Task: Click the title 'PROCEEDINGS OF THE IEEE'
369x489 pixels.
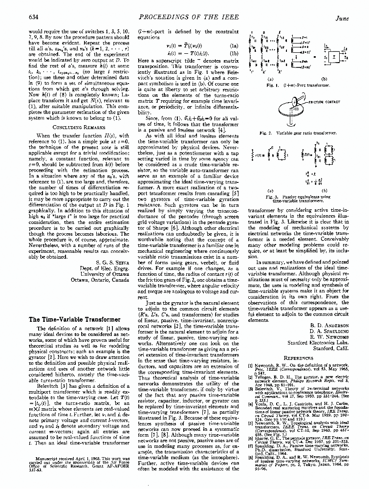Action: point(181,18)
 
